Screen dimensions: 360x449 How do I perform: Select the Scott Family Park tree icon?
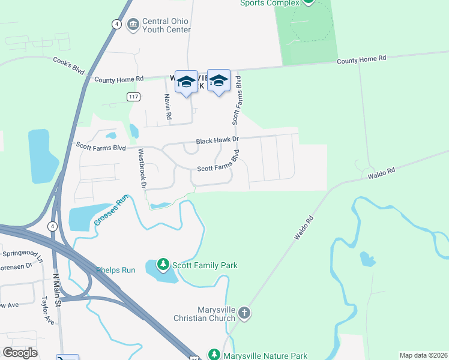(163, 265)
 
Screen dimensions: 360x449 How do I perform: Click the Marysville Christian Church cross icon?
(244, 313)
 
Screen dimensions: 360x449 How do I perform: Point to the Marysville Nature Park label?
(266, 355)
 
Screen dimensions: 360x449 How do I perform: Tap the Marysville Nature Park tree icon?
(214, 355)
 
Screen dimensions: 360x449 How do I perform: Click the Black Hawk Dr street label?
(218, 140)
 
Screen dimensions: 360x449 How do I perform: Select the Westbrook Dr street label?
(142, 169)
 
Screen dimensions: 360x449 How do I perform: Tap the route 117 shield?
(133, 96)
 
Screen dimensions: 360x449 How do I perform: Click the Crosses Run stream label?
(112, 213)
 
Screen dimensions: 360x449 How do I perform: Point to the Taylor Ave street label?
(47, 310)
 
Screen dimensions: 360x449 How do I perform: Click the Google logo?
(20, 353)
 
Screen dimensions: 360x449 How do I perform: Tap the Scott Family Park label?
(205, 265)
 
